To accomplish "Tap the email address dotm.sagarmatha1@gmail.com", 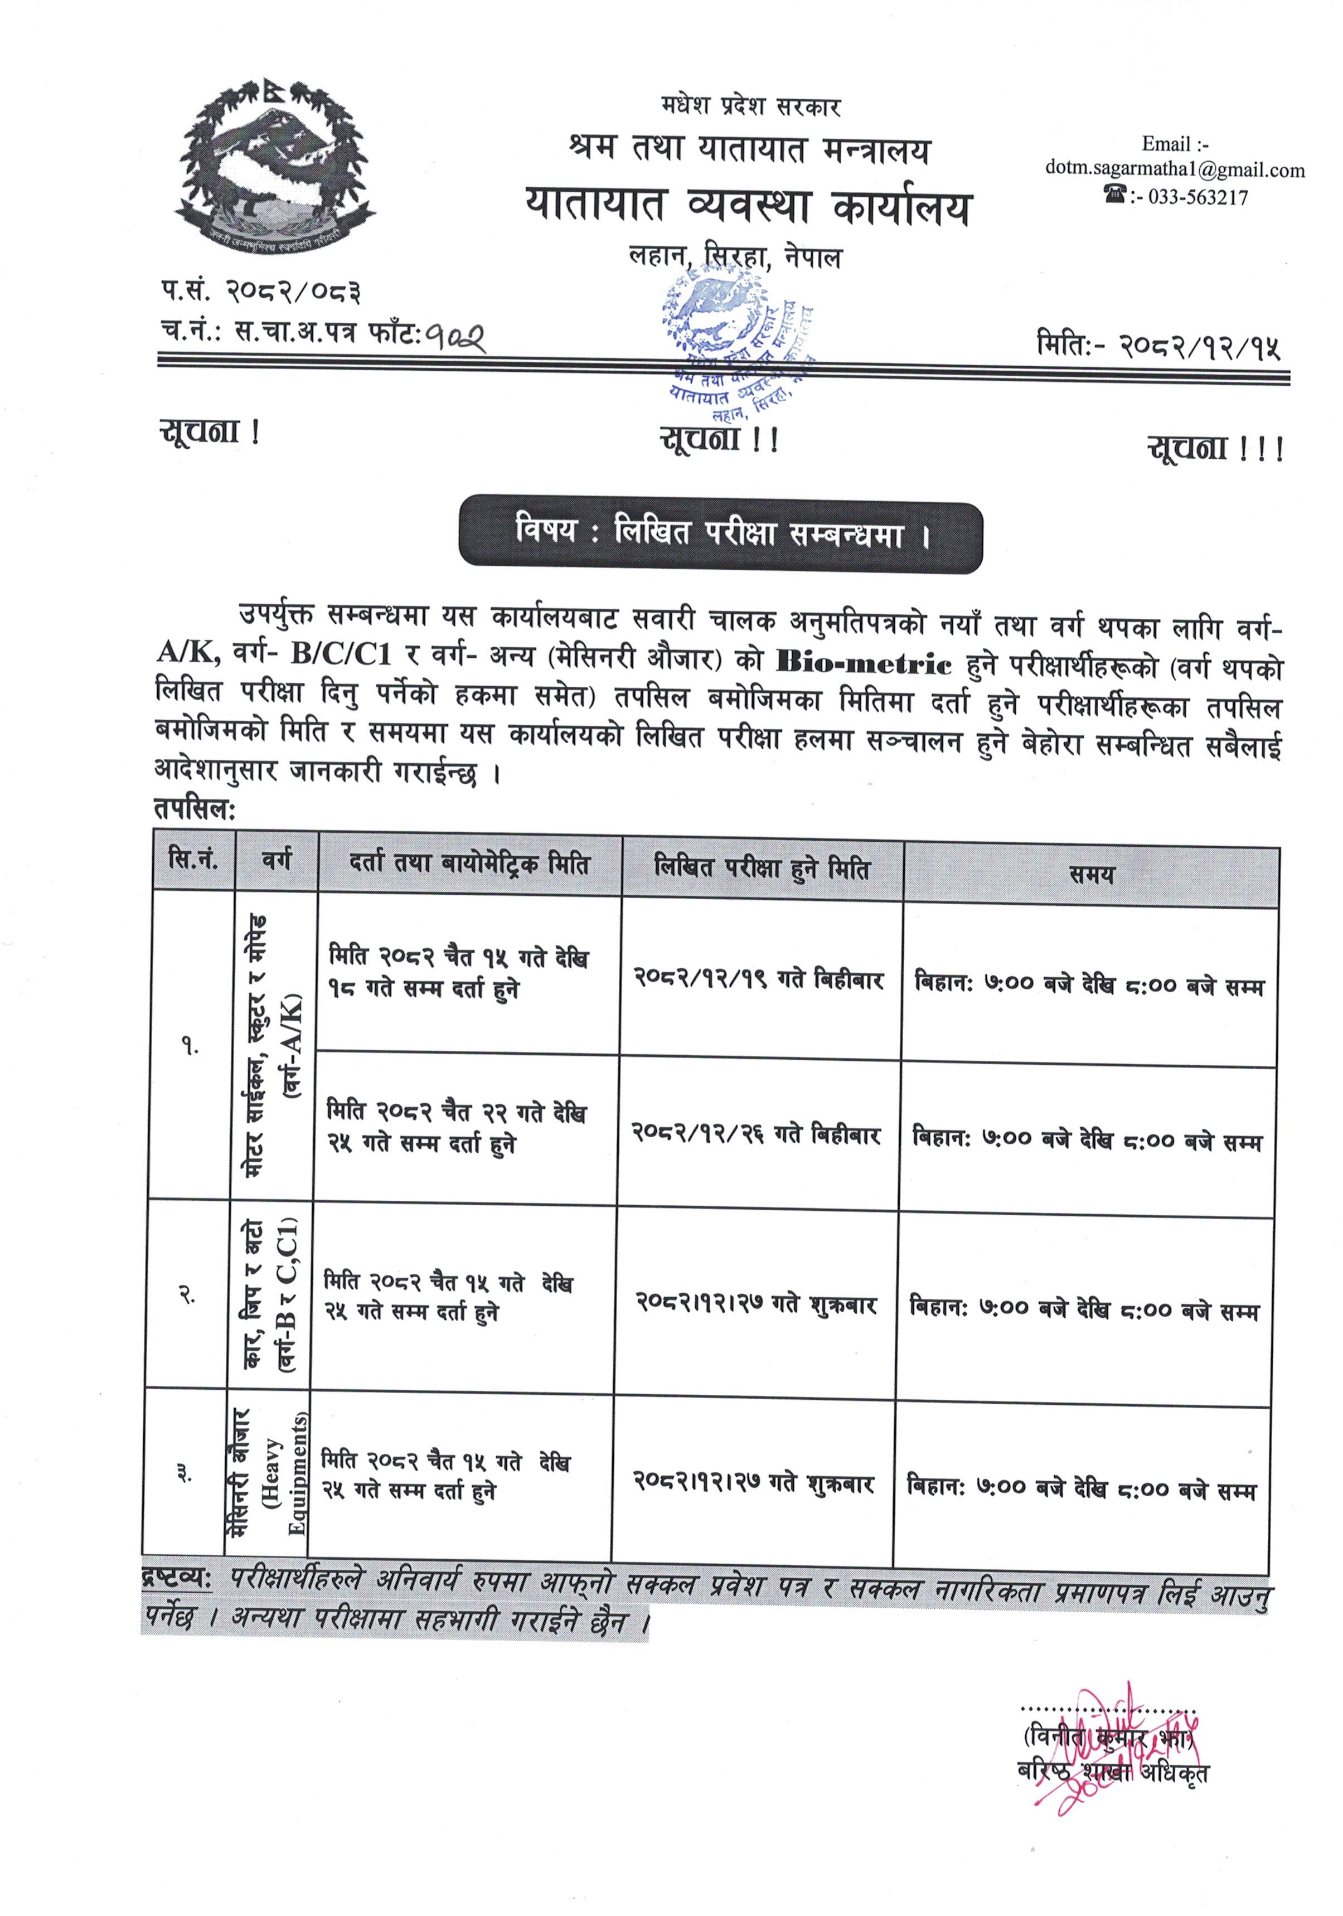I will tap(1175, 170).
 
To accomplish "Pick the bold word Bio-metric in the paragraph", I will tap(863, 663).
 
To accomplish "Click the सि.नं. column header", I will tap(193, 860).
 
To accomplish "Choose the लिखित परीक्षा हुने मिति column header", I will tap(761, 868).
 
